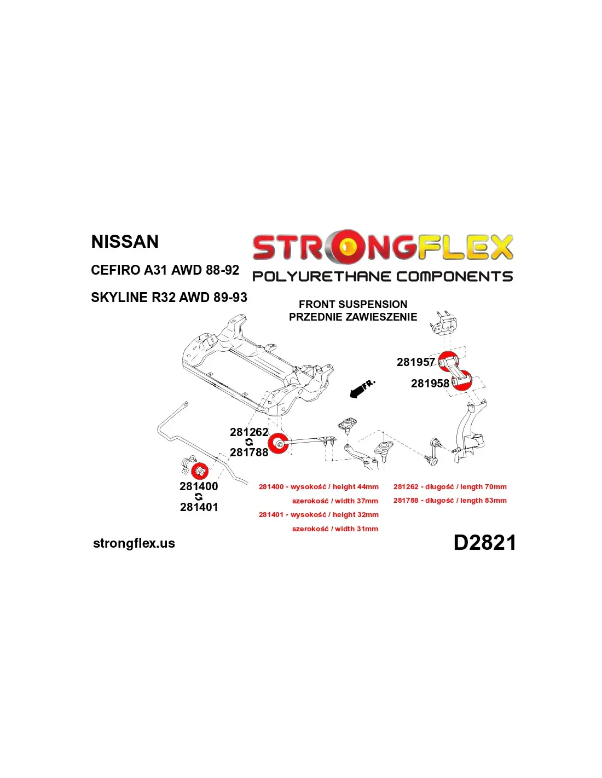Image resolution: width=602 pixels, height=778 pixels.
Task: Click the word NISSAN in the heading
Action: pos(125,241)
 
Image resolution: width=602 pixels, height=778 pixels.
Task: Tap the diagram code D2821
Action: pos(484,542)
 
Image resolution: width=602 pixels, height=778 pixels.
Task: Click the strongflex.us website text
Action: pos(134,543)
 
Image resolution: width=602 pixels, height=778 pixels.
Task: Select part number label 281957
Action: pos(415,362)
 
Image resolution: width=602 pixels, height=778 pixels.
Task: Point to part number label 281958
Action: pos(430,383)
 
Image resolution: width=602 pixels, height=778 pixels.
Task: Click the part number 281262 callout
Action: pos(249,432)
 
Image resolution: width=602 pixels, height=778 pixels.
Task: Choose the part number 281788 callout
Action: pos(249,452)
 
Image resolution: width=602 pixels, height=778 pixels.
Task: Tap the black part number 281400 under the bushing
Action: pos(199,486)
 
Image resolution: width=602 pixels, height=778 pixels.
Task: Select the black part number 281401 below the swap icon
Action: pos(199,507)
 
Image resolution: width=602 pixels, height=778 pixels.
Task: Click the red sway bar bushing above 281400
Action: pos(199,471)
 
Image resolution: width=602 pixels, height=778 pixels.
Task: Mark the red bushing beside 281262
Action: pos(278,444)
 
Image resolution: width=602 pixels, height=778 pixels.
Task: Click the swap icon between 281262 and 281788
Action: pos(249,442)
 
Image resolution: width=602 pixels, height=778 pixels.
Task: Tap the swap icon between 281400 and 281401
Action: pos(199,497)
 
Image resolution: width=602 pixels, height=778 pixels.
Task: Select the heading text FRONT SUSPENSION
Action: pos(353,304)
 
